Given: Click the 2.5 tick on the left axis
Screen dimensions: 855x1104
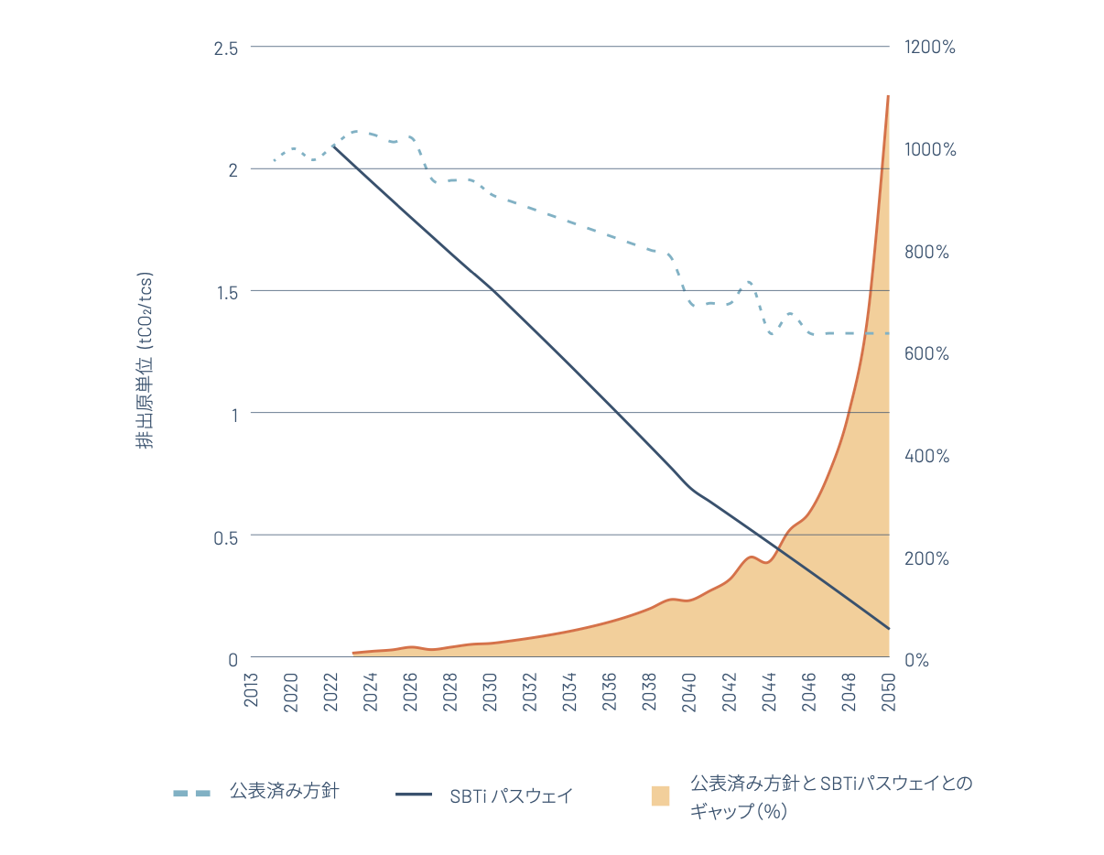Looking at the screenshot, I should [x=225, y=48].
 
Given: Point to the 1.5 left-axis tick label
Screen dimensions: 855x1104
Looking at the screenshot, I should [x=225, y=292].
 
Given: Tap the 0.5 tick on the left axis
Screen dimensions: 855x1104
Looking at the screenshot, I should [x=225, y=536].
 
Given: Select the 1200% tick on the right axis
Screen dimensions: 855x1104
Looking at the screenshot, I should [x=929, y=48].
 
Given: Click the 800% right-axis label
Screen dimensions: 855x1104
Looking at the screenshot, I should [x=926, y=252].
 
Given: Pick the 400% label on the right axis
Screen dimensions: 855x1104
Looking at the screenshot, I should [x=926, y=456].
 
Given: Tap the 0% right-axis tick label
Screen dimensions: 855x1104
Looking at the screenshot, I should [x=915, y=660].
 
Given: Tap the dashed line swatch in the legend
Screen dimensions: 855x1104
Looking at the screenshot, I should [x=191, y=793].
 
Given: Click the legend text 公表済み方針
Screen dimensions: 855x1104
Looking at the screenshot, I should [x=284, y=791].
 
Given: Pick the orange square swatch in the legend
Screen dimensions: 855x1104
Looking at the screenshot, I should [x=660, y=795].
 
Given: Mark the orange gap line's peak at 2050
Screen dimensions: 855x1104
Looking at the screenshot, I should [x=888, y=96].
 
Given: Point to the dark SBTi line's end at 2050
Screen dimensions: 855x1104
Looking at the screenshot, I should [x=888, y=628].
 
